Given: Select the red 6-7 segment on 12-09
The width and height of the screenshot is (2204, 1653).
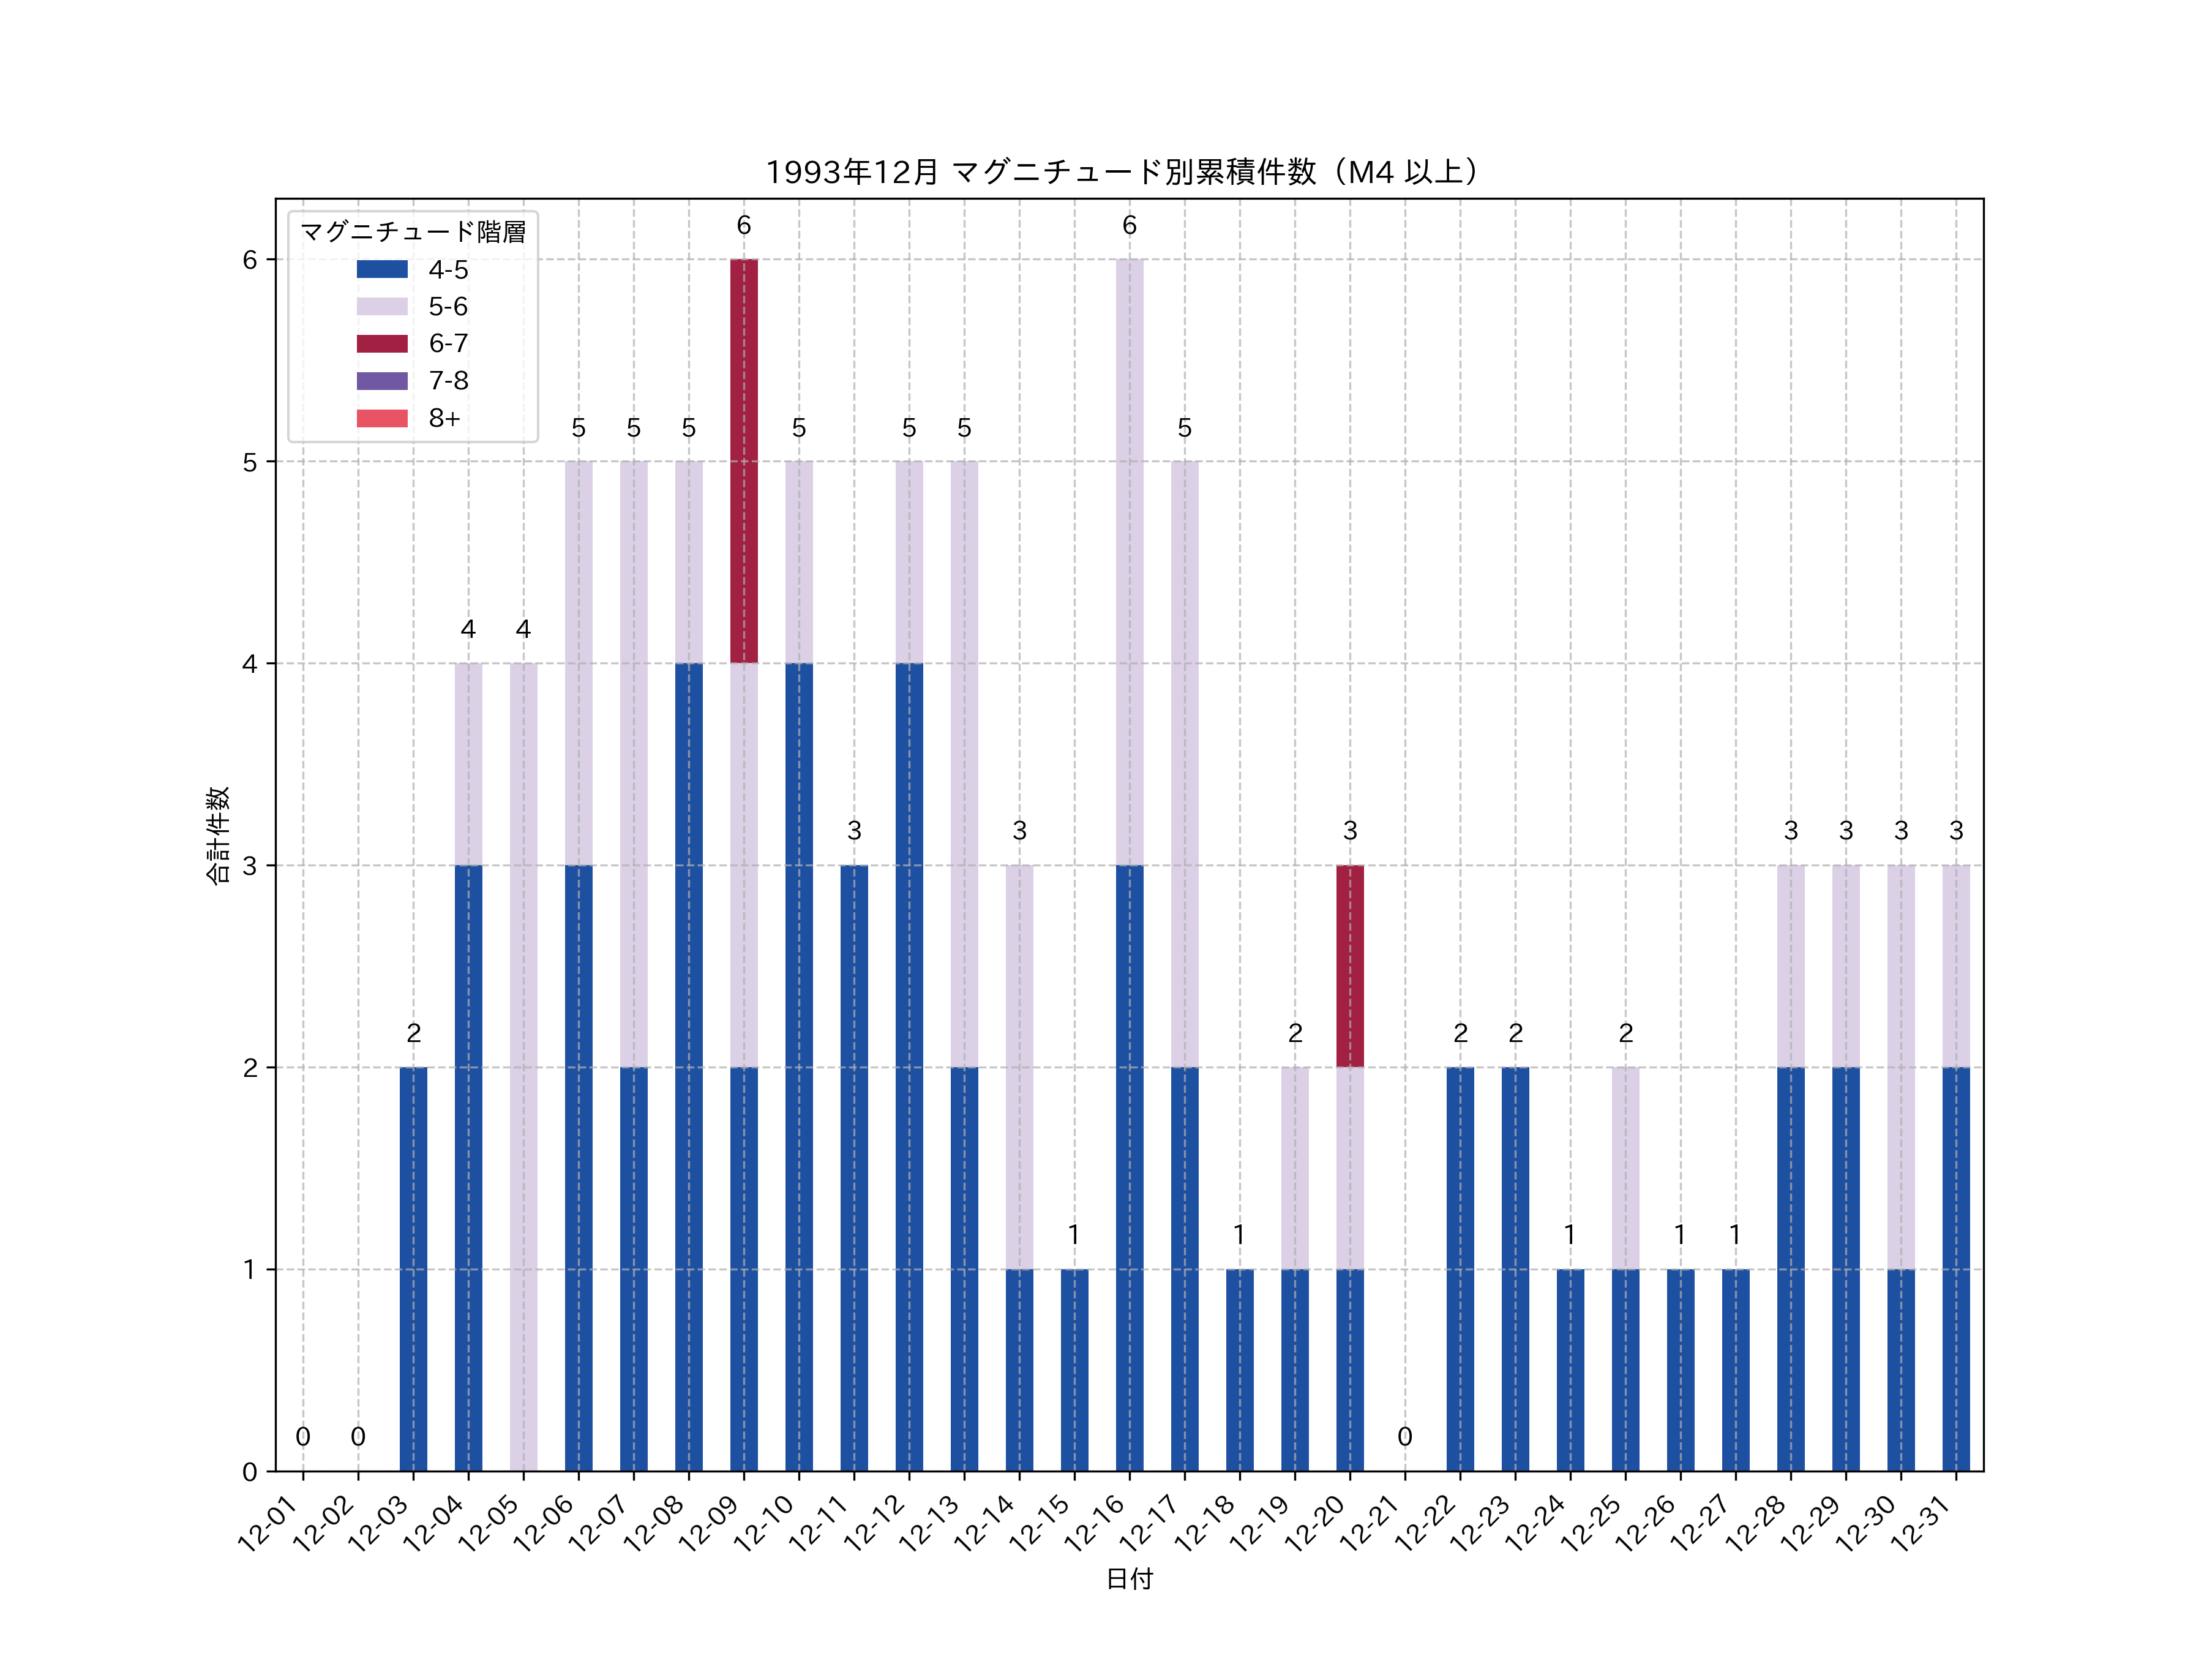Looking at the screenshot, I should (743, 460).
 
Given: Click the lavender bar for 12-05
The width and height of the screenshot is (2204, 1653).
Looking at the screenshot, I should (523, 1066).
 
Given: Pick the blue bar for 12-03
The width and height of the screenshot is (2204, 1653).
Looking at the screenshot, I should (413, 1269).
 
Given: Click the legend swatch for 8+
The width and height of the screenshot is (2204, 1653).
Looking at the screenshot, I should (381, 419).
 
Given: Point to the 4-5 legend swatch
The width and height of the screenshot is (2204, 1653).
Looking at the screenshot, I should (381, 269).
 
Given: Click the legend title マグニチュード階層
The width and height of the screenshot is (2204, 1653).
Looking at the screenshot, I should (413, 232).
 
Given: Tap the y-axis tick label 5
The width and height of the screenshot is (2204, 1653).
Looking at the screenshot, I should (250, 462).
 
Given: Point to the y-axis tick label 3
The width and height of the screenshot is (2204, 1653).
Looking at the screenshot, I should (250, 866).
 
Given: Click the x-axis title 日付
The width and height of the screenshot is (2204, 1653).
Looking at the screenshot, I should (1129, 1578).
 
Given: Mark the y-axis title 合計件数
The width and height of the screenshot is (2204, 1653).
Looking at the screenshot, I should (218, 835).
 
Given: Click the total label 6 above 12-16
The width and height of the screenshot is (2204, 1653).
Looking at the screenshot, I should (1129, 226).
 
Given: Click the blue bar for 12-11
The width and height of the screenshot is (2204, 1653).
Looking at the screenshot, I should (854, 1168).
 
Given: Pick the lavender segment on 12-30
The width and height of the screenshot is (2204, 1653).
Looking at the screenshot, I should (1900, 1066).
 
